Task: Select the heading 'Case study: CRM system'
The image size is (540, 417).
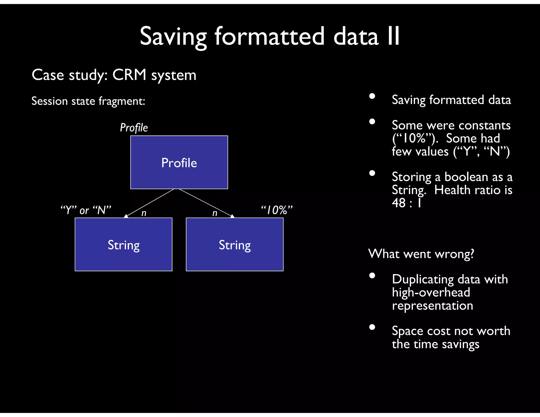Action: (x=114, y=75)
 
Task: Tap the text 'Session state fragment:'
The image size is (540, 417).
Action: (x=88, y=101)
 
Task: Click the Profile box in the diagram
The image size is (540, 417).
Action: (x=179, y=162)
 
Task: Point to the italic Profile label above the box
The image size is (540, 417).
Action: (x=134, y=128)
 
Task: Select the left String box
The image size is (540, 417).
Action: (x=123, y=244)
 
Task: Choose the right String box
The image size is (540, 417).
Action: (x=235, y=244)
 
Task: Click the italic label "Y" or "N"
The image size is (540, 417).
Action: (x=86, y=210)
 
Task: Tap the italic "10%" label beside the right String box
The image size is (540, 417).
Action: (x=277, y=210)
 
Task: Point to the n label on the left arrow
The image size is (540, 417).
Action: (x=144, y=213)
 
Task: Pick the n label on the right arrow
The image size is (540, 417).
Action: (x=215, y=213)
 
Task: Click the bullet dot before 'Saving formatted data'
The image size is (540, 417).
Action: (x=372, y=96)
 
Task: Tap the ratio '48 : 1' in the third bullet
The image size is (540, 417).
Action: (x=406, y=203)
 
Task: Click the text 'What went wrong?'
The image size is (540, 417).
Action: (x=421, y=254)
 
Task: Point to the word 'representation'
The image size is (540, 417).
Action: (x=432, y=306)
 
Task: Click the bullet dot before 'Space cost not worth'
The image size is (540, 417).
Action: (x=372, y=327)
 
